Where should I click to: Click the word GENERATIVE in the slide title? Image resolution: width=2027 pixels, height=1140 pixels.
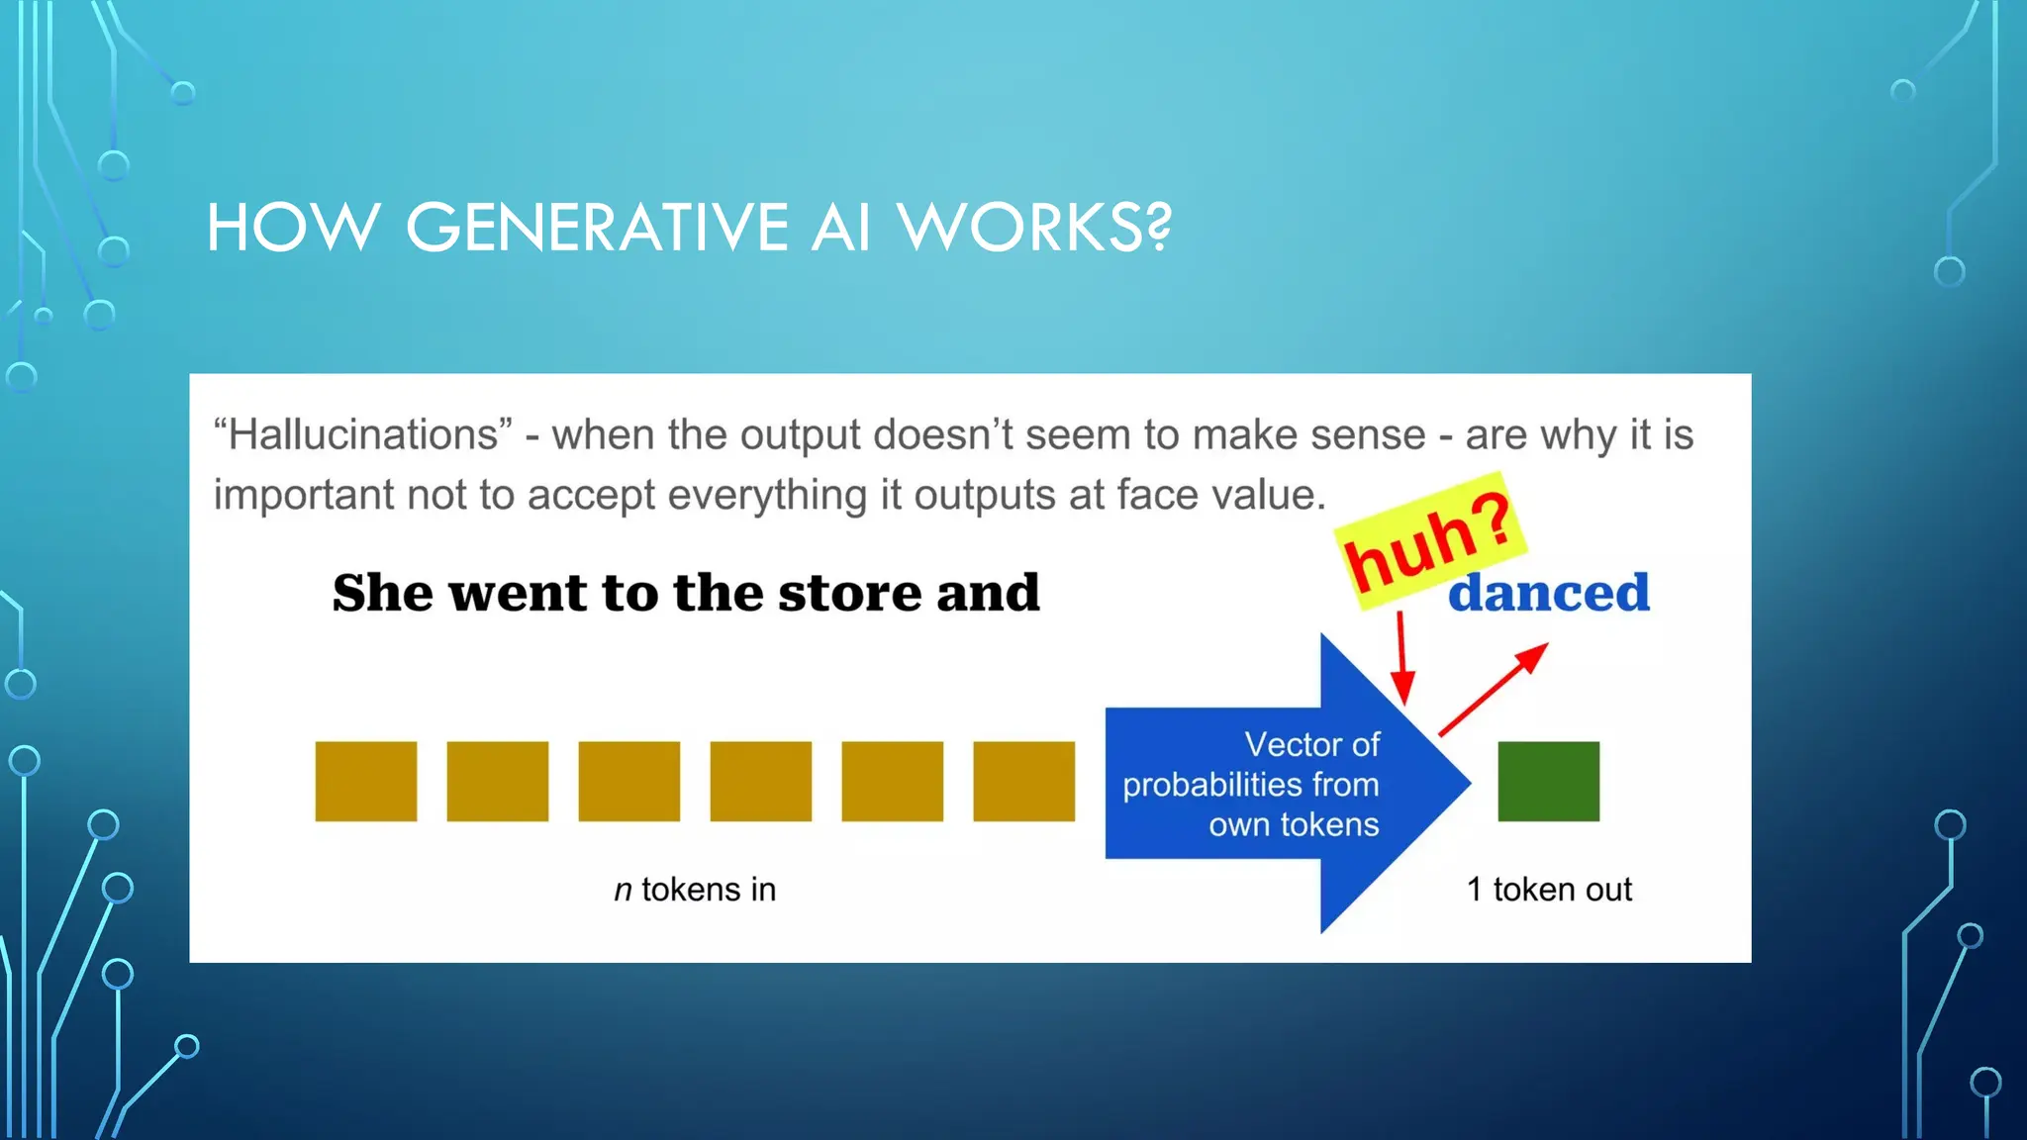click(597, 228)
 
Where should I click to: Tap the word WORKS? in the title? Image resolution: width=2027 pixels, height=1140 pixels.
click(1034, 228)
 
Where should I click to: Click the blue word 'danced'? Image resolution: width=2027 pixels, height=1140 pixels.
click(1548, 594)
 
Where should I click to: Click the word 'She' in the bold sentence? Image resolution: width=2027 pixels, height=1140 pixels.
click(382, 594)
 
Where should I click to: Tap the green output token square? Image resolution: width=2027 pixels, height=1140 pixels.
click(1548, 781)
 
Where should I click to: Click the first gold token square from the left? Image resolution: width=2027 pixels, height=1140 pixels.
click(366, 781)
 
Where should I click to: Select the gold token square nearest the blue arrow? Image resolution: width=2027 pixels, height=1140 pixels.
click(1023, 781)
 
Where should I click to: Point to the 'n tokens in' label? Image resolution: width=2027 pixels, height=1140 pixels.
click(695, 890)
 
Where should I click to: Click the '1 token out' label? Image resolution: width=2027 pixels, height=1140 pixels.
click(1549, 890)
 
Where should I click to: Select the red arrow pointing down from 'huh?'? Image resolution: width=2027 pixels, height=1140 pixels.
click(1401, 657)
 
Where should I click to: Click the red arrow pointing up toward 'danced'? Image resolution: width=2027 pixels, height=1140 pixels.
click(1493, 690)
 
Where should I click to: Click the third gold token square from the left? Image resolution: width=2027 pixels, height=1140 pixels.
click(628, 781)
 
